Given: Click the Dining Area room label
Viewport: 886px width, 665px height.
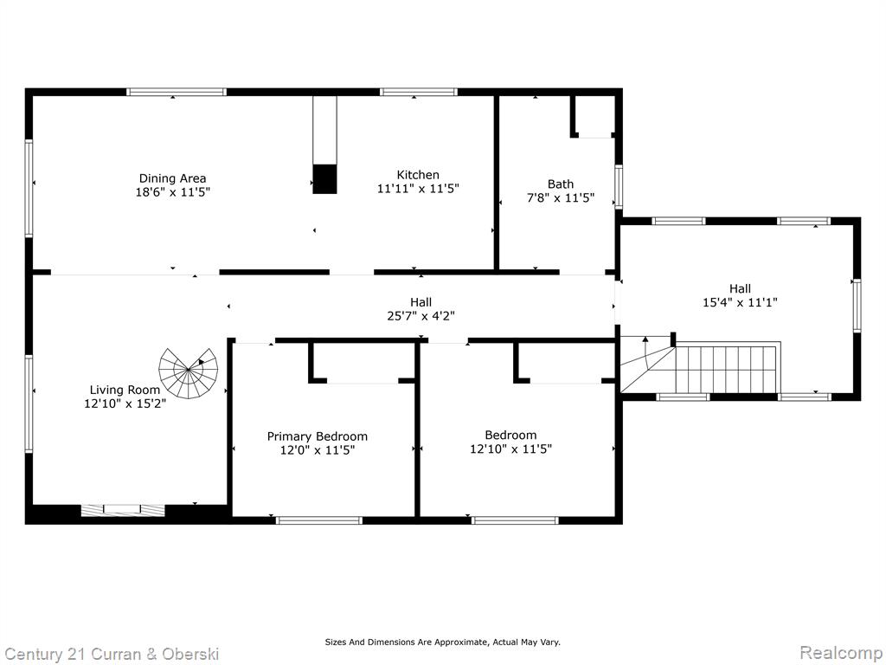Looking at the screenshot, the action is point(172,178).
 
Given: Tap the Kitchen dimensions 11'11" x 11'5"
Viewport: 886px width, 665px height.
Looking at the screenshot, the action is point(418,188).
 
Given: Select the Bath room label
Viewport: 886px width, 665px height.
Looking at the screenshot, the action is point(561,184).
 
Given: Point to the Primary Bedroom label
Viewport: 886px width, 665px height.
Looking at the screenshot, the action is point(317,436).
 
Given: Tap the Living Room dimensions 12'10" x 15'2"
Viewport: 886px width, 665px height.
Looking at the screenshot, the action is point(125,404).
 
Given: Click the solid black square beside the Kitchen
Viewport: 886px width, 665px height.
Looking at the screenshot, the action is point(325,179).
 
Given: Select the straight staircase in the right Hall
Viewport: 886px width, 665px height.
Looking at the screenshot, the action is point(728,369).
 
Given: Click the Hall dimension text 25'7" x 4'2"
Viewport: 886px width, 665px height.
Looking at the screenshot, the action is point(421,316).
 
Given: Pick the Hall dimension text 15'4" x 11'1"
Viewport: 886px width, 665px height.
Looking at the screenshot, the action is point(741,302).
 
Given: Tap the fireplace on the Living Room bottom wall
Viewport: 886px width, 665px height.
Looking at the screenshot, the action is point(123,510).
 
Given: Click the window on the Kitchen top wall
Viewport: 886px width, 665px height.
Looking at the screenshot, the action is point(418,92).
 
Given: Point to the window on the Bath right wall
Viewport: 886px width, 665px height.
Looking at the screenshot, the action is point(619,187).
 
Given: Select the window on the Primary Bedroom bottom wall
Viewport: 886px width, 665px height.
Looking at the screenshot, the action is point(319,520).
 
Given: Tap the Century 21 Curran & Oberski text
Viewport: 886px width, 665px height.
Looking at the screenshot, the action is point(111,655).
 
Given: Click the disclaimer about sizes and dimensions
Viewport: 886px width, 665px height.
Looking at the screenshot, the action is point(442,642).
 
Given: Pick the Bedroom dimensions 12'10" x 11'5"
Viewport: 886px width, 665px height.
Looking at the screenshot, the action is point(510,449).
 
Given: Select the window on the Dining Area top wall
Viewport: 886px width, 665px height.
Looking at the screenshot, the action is point(177,92).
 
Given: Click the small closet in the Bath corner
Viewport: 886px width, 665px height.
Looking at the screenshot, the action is point(594,116).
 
